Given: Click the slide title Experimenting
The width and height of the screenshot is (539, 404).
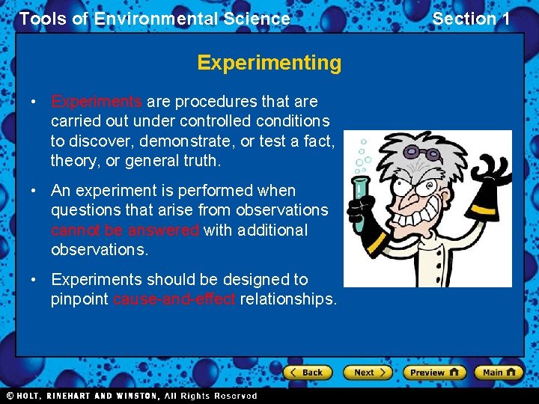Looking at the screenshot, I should [269, 63].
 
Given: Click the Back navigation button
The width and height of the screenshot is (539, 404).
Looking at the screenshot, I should [306, 372].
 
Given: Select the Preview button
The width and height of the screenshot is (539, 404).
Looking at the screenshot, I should [434, 372].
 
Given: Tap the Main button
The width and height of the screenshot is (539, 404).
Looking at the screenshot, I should [499, 372].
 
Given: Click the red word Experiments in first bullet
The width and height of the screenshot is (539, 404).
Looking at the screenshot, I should [97, 102].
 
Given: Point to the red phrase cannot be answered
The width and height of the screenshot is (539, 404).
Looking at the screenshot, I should [125, 230].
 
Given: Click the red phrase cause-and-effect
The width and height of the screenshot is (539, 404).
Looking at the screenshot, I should [174, 299].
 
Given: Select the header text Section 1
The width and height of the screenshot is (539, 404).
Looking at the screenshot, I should [471, 19].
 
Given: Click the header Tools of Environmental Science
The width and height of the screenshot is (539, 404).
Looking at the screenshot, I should [155, 19].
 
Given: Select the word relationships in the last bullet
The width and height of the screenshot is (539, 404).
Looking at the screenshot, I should [289, 299].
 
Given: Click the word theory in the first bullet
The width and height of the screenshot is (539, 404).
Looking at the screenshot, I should [73, 160].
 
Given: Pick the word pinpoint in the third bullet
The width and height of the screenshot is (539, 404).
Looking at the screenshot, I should [80, 299].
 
